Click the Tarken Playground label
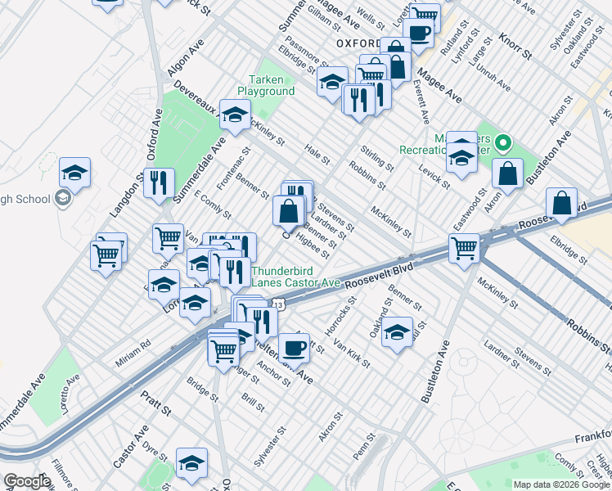pyautogui.click(x=266, y=85)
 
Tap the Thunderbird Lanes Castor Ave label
pyautogui.click(x=295, y=277)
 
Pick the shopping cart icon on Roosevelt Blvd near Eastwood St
pyautogui.click(x=464, y=247)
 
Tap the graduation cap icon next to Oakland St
pyautogui.click(x=397, y=332)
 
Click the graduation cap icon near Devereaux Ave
pyautogui.click(x=235, y=116)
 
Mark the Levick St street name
pyautogui.click(x=434, y=175)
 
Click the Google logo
pyautogui.click(x=27, y=481)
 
